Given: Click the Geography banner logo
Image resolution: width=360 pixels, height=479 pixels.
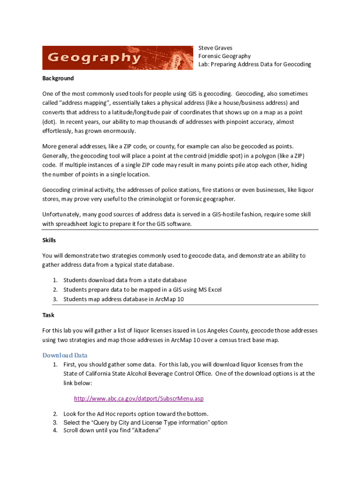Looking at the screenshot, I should pos(117,58).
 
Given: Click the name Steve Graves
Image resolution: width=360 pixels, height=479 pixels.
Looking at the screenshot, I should pos(215,48).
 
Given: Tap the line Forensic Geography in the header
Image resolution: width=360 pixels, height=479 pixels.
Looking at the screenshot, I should pos(224,56).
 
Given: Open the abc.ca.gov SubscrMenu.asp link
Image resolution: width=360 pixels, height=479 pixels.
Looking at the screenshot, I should pos(139,399).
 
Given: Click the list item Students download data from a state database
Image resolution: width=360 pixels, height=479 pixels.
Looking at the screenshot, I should pos(125,280).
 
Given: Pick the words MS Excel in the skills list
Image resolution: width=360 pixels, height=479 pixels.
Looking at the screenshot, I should pos(209,290).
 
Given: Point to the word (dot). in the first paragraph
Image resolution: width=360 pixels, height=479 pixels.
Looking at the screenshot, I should pos(50,122).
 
